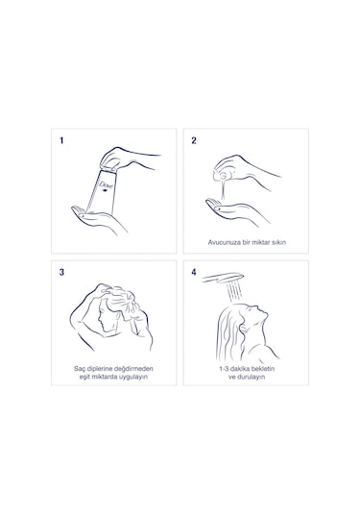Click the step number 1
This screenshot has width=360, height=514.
tap(61, 140)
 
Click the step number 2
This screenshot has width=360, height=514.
tap(194, 140)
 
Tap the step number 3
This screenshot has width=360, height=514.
tap(61, 273)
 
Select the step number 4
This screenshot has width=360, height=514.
tap(194, 273)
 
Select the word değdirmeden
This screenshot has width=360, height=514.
tap(135, 369)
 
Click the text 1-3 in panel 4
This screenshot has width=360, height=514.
tap(224, 369)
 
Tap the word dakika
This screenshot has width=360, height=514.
tap(240, 369)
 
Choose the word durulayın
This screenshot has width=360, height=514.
tap(251, 377)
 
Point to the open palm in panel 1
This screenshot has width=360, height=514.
tap(95, 219)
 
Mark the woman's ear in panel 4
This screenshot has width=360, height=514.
tap(243, 328)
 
